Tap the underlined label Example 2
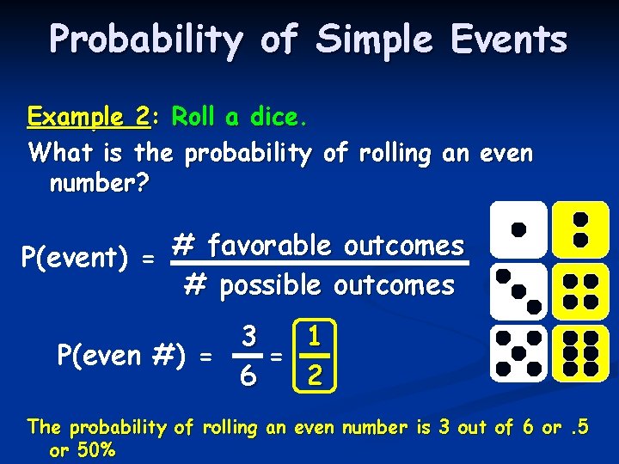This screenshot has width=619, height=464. click(x=89, y=116)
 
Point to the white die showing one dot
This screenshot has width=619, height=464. click(x=518, y=229)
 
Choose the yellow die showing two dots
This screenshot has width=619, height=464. click(x=579, y=229)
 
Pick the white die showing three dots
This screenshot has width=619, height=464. click(x=518, y=291)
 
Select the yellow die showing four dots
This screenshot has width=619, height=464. click(x=579, y=291)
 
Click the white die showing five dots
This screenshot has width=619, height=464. click(x=518, y=352)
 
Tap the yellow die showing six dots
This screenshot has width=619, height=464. click(x=579, y=352)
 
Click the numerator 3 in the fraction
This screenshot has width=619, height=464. click(x=248, y=336)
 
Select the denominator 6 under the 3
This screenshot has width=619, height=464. click(x=248, y=375)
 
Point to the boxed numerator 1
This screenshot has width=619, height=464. click(x=315, y=335)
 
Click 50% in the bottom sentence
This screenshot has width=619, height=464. click(x=93, y=450)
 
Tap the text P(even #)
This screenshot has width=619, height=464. click(x=123, y=355)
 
